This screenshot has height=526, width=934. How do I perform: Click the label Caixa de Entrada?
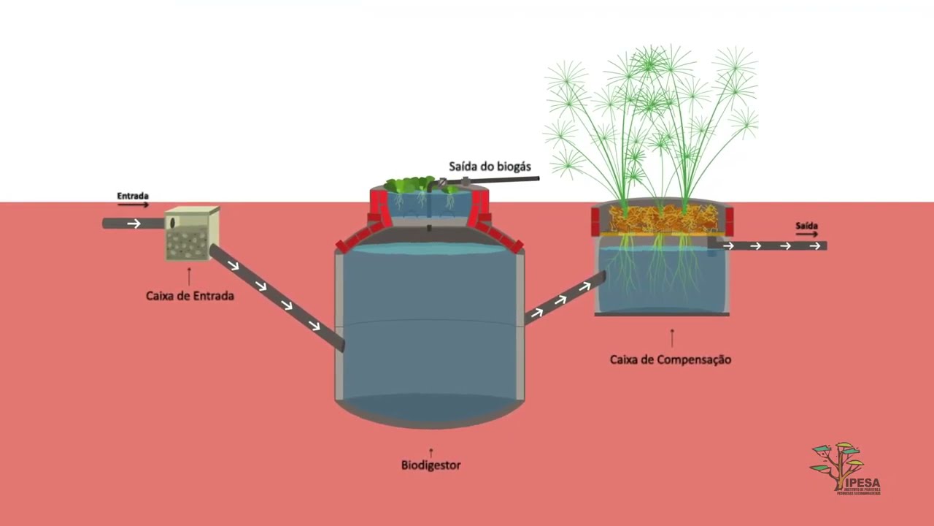pos(190,296)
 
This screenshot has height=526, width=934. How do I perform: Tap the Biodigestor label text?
pos(431,465)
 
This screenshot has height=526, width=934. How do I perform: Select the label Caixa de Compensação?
pos(670,359)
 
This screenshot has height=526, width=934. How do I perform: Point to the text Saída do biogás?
pos(490,167)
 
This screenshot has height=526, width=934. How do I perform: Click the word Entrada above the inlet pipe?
pos(133,196)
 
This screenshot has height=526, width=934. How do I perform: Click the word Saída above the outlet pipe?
pos(806,226)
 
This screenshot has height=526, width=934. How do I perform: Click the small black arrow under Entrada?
pos(133,205)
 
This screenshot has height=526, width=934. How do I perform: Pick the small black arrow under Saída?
pos(806,235)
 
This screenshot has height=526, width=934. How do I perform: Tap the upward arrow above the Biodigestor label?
pos(431,452)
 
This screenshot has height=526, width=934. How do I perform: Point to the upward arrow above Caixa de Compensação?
pos(672,337)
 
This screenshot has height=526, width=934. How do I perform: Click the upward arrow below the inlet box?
pos(190,276)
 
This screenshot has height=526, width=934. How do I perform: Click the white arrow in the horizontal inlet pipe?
pos(134,224)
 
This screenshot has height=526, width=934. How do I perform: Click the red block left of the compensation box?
pos(595,221)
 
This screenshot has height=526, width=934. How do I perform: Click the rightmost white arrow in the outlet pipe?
pos(815,246)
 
